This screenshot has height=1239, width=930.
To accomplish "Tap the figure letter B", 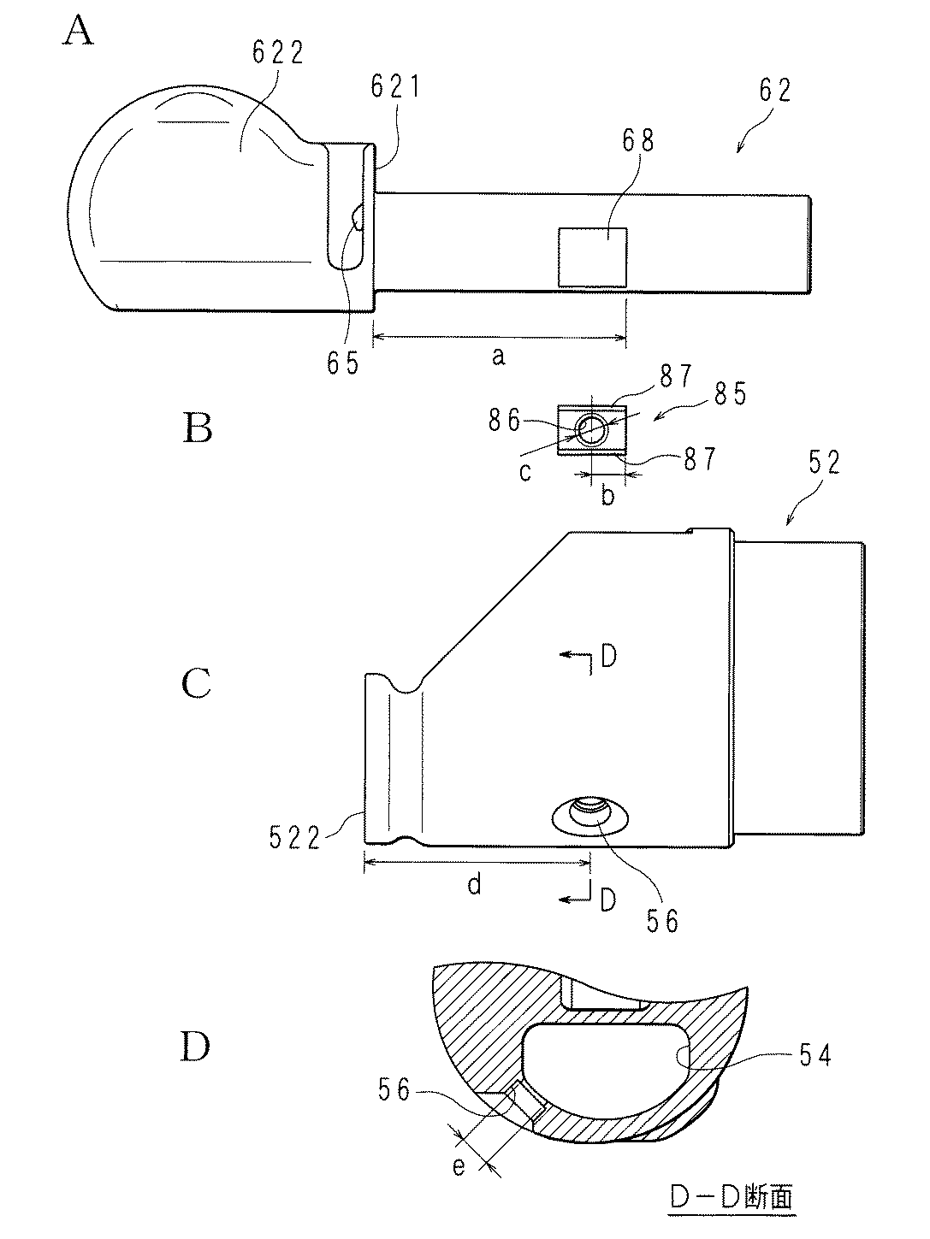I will (x=197, y=428).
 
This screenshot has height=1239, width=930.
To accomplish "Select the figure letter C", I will (x=197, y=683).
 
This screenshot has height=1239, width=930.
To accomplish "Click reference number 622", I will (x=278, y=53).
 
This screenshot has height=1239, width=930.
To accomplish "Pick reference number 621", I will (x=395, y=86).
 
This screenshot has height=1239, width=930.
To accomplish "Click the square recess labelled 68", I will (x=592, y=257).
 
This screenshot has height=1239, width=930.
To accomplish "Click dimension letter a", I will (x=498, y=357).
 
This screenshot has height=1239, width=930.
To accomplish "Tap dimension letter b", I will (x=607, y=495).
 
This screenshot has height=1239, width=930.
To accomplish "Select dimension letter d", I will (x=474, y=884).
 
